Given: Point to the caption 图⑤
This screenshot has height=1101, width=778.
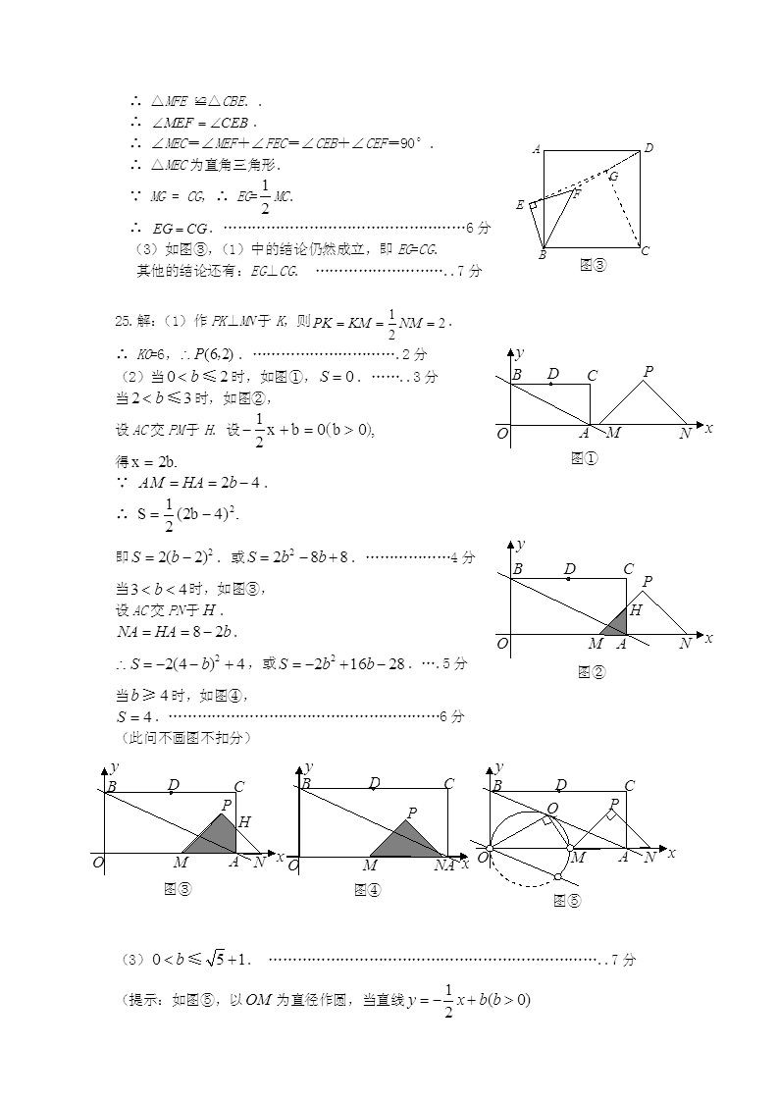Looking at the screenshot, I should point(567,900).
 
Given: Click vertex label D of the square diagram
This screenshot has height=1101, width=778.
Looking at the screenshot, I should point(648,148).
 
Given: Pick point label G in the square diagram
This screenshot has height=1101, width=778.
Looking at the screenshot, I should point(613,177).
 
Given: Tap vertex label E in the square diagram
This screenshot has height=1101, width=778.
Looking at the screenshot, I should point(520,205).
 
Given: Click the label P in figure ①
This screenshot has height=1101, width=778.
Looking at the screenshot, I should point(648,372).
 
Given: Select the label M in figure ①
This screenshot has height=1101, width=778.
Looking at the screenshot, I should point(613,433).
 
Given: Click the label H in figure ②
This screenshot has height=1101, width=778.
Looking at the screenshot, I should point(635,610).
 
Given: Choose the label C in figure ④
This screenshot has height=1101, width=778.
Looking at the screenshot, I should point(448,784).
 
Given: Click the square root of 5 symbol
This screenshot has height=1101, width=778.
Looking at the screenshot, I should point(218,959).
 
